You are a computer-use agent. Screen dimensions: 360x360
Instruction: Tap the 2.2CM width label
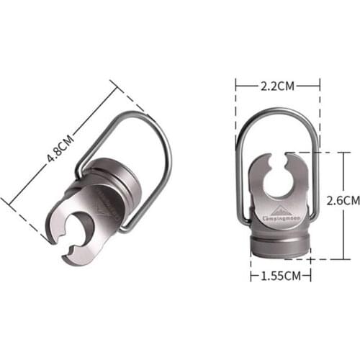[x=278, y=86]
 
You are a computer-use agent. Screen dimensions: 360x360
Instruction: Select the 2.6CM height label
[x=343, y=199]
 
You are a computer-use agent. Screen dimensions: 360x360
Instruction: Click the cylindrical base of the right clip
[x=280, y=243]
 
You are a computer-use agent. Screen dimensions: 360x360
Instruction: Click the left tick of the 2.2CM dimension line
[x=237, y=86]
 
